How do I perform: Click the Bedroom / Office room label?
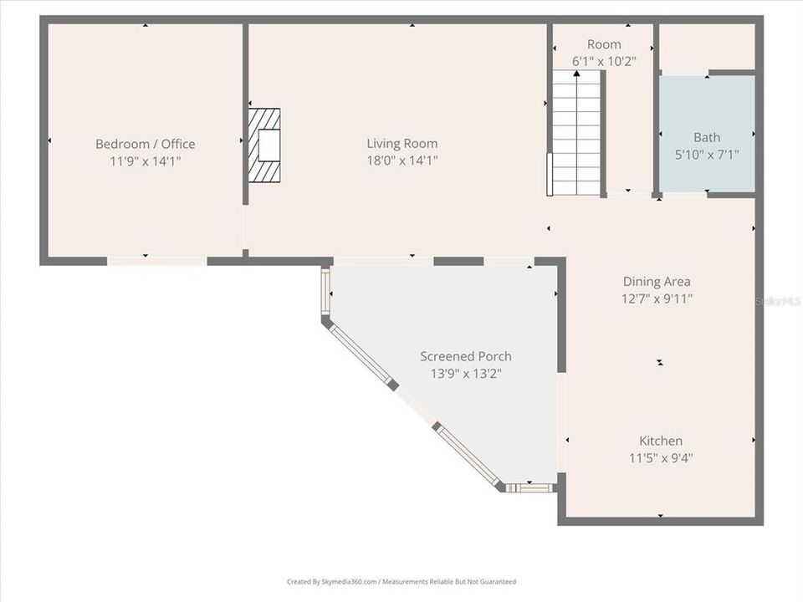(146, 144)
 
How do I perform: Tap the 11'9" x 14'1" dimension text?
(146, 161)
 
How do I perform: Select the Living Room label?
(401, 143)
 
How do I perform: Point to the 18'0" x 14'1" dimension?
(401, 161)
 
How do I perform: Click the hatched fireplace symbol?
(264, 145)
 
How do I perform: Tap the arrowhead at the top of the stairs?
(576, 74)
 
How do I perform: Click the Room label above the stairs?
(604, 44)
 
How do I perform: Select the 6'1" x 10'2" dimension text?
(604, 61)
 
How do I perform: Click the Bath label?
(707, 137)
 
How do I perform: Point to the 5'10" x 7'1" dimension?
(707, 155)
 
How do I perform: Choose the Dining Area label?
(657, 282)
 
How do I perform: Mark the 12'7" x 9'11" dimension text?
(657, 298)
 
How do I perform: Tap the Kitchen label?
(661, 441)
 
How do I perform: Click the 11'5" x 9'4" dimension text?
(661, 457)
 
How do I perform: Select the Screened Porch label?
(466, 356)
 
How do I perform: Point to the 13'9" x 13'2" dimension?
(466, 374)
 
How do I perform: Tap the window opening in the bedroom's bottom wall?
(157, 261)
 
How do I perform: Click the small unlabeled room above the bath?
(707, 47)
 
